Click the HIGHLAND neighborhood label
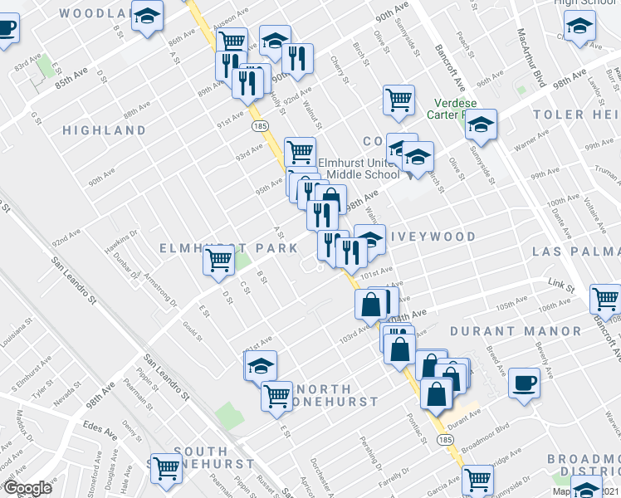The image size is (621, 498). click(105, 130)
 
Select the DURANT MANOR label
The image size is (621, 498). click(516, 330)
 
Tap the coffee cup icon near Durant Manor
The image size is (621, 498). click(524, 383)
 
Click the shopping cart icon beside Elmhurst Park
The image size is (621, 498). click(219, 261)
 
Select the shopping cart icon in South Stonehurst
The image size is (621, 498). click(166, 467)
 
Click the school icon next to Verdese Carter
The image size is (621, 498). click(481, 125)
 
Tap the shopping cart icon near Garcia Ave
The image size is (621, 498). click(477, 479)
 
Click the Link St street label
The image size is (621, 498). click(561, 287)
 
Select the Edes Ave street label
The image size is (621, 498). click(99, 425)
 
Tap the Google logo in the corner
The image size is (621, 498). click(27, 488)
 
